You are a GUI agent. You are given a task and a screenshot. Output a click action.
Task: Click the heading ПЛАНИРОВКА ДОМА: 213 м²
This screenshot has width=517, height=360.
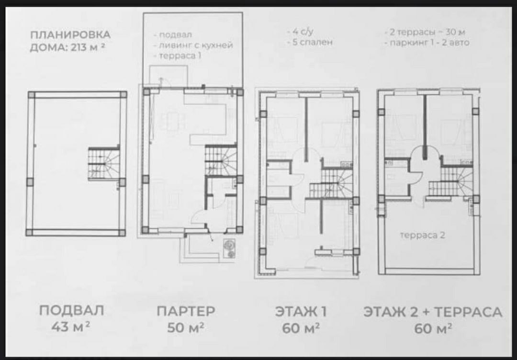70,41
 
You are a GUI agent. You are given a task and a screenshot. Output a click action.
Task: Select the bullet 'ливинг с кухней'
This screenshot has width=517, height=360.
193,45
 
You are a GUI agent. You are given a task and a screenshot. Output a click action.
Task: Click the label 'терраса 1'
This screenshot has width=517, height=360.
178,56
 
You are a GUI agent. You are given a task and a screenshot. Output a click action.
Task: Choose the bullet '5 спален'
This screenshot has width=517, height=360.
310,42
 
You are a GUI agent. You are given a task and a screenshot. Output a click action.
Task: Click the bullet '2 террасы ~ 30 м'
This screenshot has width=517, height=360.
425,32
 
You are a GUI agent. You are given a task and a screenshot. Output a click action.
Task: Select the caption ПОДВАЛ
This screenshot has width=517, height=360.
71,311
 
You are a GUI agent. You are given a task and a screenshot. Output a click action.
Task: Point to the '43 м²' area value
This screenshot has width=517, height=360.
71,327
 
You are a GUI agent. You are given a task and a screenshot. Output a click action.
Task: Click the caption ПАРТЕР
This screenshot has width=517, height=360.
186,311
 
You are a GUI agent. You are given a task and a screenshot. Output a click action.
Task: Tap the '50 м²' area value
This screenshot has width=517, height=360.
185,328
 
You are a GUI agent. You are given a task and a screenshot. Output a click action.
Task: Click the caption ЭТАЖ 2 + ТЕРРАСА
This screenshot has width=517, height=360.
433,312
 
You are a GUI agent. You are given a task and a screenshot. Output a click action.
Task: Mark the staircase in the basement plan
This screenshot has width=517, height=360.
104,164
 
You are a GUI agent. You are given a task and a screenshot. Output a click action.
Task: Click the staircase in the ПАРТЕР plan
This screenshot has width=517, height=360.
221,160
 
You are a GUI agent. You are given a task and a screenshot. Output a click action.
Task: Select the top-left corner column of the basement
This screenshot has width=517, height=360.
31,95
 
